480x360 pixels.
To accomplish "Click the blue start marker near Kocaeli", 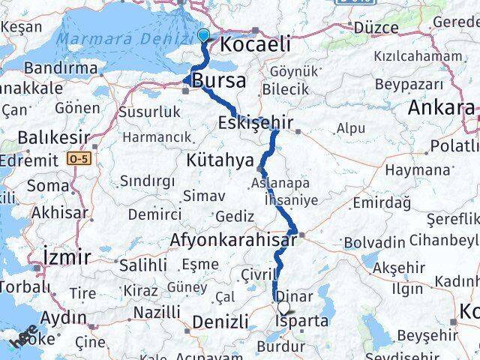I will [x=203, y=34].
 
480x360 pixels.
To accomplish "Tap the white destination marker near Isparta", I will [x=283, y=307].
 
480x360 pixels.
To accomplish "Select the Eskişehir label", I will [x=255, y=122].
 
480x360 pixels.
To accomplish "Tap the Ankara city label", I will [x=441, y=108].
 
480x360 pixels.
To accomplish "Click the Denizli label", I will [x=220, y=322].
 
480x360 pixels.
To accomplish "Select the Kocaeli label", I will [x=254, y=45].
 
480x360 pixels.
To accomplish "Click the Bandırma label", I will [x=61, y=68].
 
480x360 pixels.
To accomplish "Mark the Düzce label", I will [x=376, y=28].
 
